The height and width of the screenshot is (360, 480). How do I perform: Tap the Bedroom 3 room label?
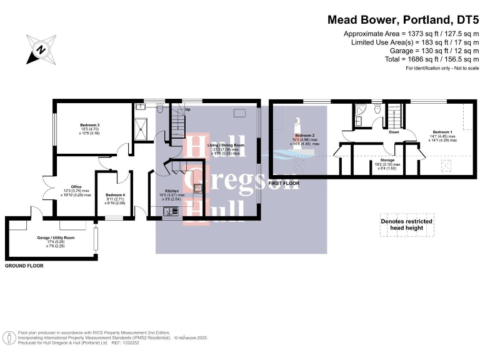click(x=90, y=125)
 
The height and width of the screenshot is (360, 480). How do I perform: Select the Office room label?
click(x=76, y=187)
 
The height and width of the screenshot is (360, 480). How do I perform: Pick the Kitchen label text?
click(x=172, y=191)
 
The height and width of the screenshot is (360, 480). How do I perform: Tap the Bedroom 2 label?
click(x=304, y=136)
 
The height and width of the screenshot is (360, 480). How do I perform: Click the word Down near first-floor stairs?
click(x=394, y=132)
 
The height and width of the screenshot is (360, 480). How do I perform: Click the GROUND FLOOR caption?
click(x=24, y=266)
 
